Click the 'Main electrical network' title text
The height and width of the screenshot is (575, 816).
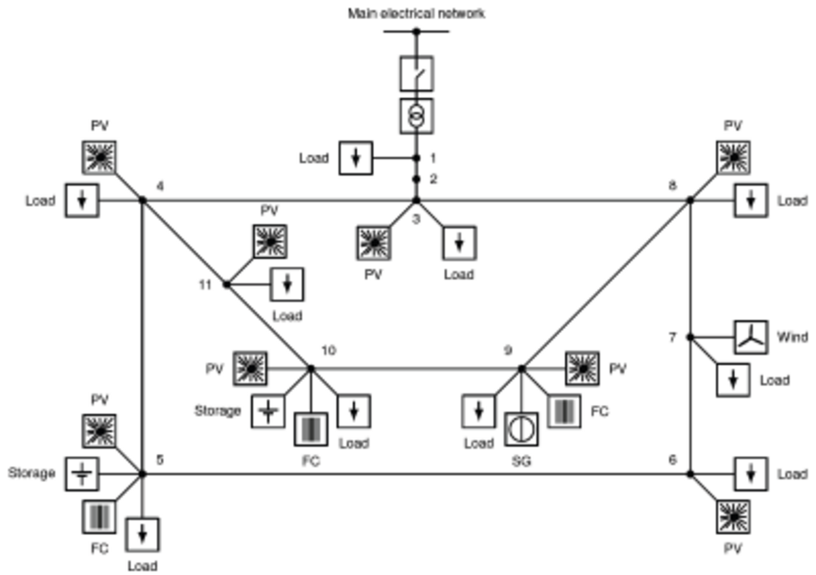pos(416,13)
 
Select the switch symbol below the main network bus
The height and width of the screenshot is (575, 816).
pos(416,73)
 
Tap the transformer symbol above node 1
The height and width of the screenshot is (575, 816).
pos(416,116)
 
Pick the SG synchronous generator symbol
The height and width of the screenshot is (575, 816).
pos(522,430)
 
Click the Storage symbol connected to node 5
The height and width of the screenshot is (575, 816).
pos(82,473)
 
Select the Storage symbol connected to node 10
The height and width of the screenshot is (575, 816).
pos(269,411)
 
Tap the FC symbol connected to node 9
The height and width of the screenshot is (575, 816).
pos(564,412)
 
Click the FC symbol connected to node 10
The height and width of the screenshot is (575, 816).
pos(311,430)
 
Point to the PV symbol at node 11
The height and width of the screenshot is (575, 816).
pos(270,241)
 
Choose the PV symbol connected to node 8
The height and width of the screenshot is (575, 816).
pos(733,158)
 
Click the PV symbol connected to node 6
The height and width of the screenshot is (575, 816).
pos(733,517)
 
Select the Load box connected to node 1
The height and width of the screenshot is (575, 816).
pos(356,158)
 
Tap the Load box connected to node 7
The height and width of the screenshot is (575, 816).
pos(733,380)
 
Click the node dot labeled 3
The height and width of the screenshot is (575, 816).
pos(416,201)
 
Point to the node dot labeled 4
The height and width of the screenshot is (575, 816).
pos(143,201)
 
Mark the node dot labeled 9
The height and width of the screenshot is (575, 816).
pos(522,369)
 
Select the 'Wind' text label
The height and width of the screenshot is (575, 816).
pos(792,337)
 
